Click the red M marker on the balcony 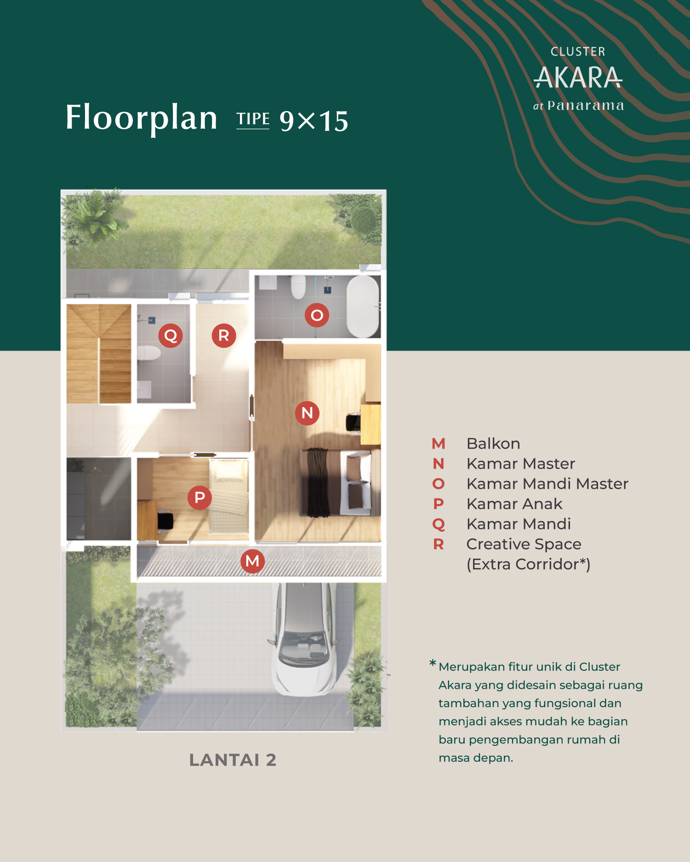(252, 561)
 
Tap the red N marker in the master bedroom (307, 413)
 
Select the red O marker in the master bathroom (317, 315)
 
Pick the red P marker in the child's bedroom (200, 498)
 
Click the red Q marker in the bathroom (171, 335)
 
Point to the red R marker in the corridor (224, 335)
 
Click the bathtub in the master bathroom (363, 306)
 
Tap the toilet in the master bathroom (298, 287)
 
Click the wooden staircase (99, 354)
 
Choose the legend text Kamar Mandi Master (547, 484)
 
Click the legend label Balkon (493, 443)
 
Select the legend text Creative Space (524, 544)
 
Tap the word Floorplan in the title (142, 118)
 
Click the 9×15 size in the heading (314, 121)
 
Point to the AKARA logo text (578, 78)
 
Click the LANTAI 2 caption (233, 760)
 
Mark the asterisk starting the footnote (433, 663)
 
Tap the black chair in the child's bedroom (165, 521)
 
